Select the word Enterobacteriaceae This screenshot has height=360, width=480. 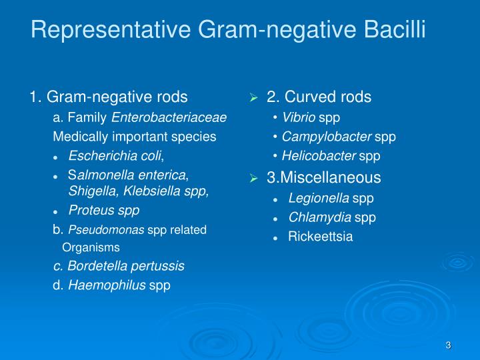[x=169, y=118]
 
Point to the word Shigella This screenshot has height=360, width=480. [x=89, y=191]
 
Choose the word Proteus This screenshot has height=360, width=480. [x=89, y=211]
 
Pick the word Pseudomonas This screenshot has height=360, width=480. [x=107, y=230]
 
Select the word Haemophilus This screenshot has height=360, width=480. [x=107, y=285]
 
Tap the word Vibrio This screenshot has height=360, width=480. [x=299, y=118]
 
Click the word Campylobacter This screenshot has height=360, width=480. [x=326, y=137]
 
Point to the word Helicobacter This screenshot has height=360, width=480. [x=319, y=156]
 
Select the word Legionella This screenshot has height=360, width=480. [x=319, y=198]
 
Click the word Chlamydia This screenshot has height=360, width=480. [x=319, y=217]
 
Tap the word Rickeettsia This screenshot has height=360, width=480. [x=321, y=237]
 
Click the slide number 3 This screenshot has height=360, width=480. [x=449, y=345]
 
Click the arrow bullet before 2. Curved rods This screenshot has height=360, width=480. [x=253, y=98]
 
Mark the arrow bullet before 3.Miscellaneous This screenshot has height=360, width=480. [x=253, y=179]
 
